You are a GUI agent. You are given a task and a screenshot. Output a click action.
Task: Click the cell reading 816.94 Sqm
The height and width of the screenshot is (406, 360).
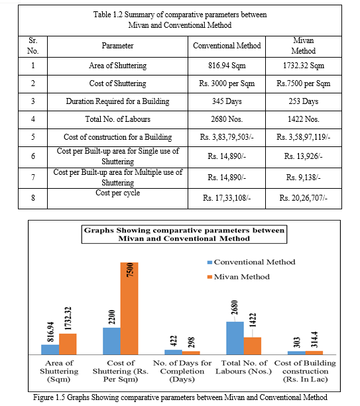pyautogui.click(x=227, y=66)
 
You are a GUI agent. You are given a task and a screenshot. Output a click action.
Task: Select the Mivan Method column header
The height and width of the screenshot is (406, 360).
pyautogui.click(x=304, y=46)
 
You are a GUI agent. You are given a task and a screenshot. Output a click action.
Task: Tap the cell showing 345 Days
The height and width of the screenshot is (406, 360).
pyautogui.click(x=227, y=101)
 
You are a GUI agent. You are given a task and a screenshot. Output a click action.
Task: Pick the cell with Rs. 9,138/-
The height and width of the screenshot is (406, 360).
pyautogui.click(x=304, y=178)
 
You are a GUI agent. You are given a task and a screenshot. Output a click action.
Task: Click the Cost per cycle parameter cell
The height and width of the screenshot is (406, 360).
pyautogui.click(x=117, y=198)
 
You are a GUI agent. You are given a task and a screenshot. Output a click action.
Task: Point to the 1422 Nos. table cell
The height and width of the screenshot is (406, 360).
pyautogui.click(x=304, y=119)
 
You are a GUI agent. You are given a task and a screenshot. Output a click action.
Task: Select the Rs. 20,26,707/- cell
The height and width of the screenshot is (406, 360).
pyautogui.click(x=304, y=198)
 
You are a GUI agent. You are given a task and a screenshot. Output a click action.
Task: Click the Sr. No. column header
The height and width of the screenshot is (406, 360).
pyautogui.click(x=33, y=46)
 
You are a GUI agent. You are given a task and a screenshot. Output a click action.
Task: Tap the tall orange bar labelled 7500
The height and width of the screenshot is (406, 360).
pyautogui.click(x=129, y=309)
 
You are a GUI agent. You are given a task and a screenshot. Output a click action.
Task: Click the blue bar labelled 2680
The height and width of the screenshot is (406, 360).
pyautogui.click(x=235, y=338)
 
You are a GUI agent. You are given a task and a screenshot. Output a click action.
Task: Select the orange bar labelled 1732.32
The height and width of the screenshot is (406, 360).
pyautogui.click(x=68, y=344)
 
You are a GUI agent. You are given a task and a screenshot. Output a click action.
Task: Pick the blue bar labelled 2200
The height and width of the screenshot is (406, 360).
pyautogui.click(x=111, y=341)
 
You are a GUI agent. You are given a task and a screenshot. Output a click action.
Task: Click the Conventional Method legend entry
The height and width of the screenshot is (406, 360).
pyautogui.click(x=251, y=262)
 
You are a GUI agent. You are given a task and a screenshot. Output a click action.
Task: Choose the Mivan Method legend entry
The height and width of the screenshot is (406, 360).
pyautogui.click(x=239, y=277)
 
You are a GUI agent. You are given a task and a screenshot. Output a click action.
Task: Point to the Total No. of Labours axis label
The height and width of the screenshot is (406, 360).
pyautogui.click(x=243, y=367)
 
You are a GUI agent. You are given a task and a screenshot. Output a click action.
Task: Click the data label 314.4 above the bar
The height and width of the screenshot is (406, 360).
pyautogui.click(x=314, y=340)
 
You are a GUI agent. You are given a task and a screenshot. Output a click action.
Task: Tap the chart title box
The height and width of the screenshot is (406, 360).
pyautogui.click(x=184, y=234)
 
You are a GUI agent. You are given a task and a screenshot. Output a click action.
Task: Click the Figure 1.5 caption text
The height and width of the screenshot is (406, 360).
pyautogui.click(x=180, y=397)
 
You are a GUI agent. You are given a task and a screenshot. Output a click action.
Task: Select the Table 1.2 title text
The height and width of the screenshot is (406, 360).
pyautogui.click(x=180, y=20)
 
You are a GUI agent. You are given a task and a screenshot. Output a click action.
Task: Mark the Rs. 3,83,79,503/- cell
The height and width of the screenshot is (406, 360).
pyautogui.click(x=227, y=137)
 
